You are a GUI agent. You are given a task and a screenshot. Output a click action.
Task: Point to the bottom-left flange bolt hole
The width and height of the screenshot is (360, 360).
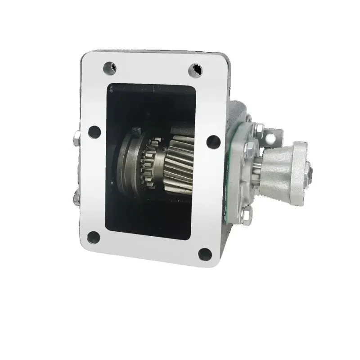pyautogui.click(x=94, y=236)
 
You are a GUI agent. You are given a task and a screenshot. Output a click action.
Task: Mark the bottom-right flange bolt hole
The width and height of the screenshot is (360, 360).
pyautogui.click(x=205, y=254)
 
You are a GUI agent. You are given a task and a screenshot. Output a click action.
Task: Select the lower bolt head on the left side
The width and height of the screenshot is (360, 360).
pyautogui.click(x=75, y=198)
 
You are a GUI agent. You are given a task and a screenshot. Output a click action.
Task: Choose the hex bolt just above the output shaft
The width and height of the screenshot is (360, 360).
pyautogui.click(x=250, y=147)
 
